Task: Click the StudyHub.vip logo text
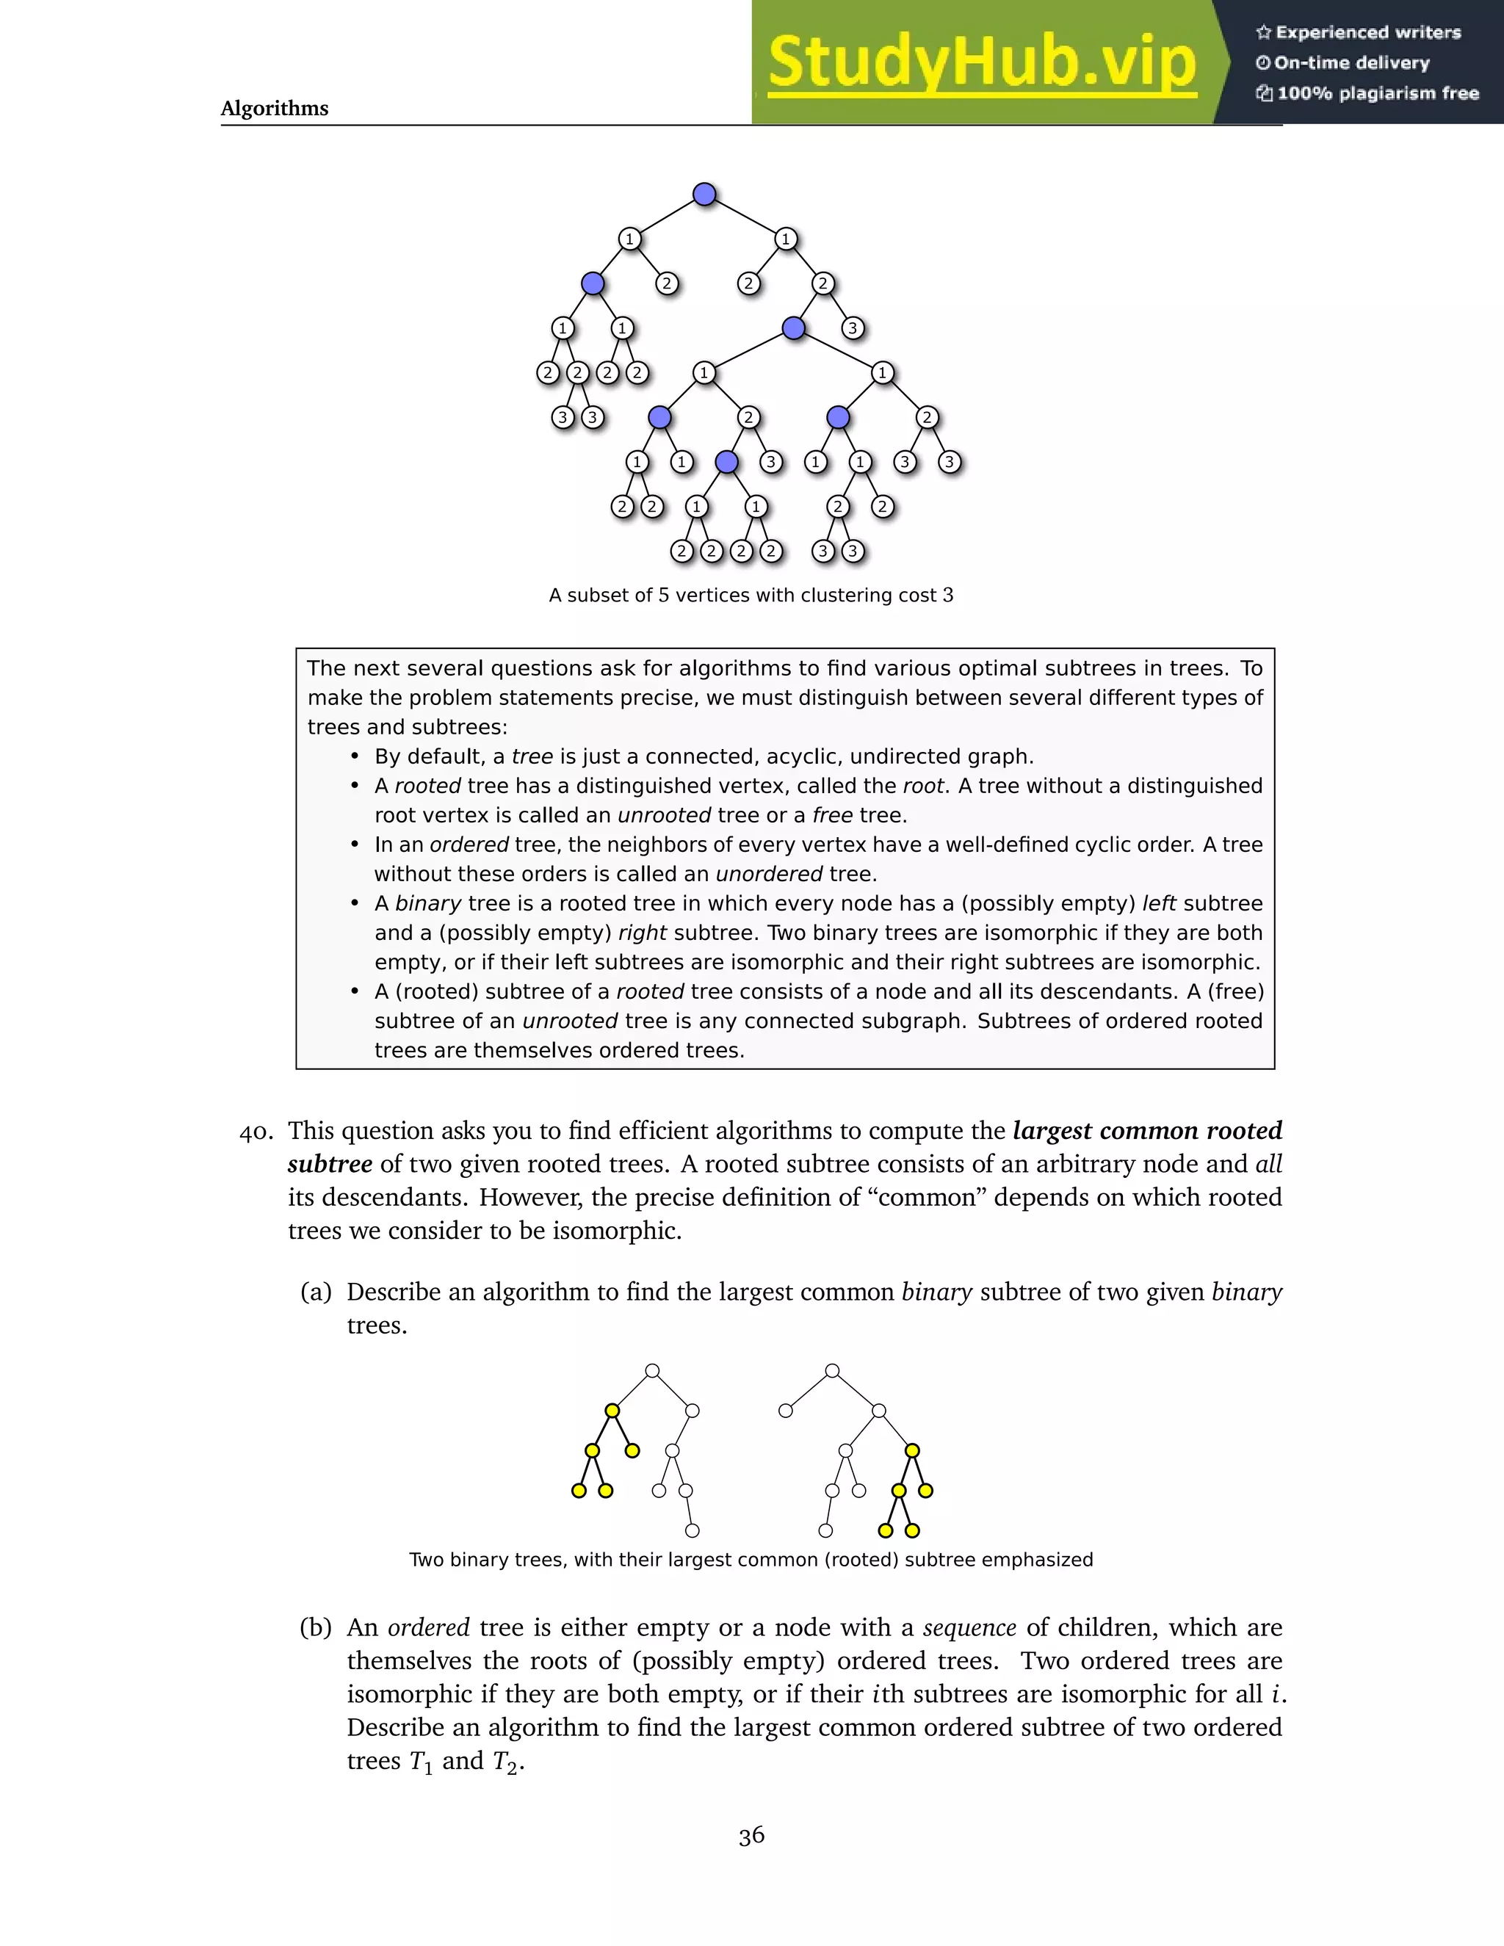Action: coord(981,62)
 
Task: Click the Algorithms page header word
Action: coord(275,109)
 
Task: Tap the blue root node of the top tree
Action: coord(704,195)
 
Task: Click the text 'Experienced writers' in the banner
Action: coord(1367,33)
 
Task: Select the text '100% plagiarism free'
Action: coord(1378,93)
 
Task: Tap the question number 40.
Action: coord(256,1132)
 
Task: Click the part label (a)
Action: coord(315,1292)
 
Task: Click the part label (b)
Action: coord(315,1628)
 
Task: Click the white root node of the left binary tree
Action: coord(652,1370)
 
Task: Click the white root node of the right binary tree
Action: coord(832,1370)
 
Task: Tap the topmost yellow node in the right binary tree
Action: coord(912,1450)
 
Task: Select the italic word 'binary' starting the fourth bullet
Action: coord(427,903)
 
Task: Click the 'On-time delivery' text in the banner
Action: coord(1351,63)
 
